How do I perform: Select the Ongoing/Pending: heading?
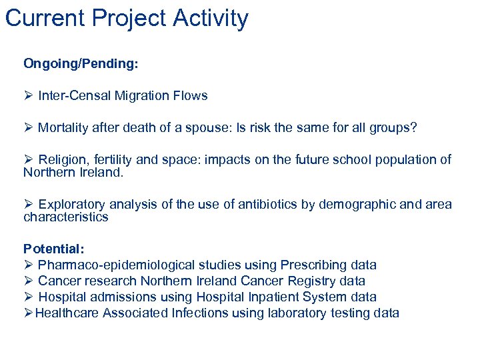(x=81, y=63)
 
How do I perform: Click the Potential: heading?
(x=54, y=249)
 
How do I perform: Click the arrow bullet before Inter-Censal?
(x=28, y=95)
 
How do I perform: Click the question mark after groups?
(x=413, y=127)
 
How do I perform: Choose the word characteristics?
(x=65, y=217)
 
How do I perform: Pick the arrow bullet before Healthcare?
(x=28, y=313)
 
